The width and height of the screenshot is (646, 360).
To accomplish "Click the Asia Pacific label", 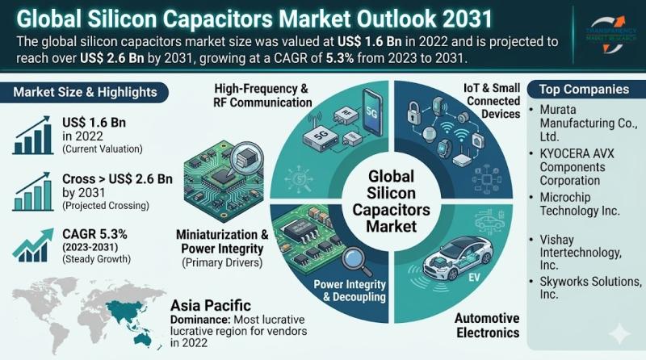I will pyautogui.click(x=206, y=305).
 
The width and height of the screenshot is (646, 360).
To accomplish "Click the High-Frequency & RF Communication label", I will pyautogui.click(x=263, y=95).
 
